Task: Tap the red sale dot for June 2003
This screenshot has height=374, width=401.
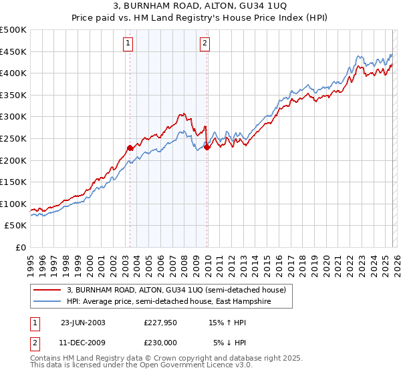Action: tap(130, 148)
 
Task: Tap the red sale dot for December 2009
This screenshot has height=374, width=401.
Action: tap(207, 148)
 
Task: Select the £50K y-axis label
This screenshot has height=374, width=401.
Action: tap(16, 226)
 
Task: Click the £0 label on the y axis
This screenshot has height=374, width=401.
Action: tap(20, 248)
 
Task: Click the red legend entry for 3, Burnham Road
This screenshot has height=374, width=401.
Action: tap(176, 290)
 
